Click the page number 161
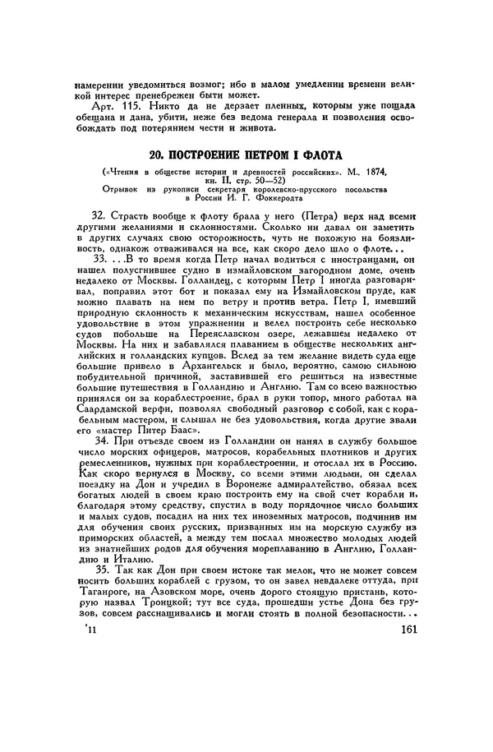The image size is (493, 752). [x=407, y=630]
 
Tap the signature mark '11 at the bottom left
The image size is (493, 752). [x=90, y=630]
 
